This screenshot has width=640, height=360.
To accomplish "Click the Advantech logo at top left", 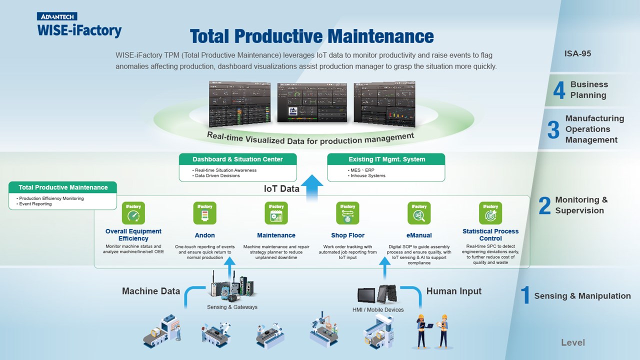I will (55, 16).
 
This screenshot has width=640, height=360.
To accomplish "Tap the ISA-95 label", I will (577, 53).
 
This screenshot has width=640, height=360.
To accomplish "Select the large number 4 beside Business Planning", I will (559, 90).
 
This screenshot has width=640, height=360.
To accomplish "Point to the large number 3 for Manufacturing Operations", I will (553, 129).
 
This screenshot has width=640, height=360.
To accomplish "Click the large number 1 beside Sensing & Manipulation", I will (525, 295).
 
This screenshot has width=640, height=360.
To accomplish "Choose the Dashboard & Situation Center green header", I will (237, 159).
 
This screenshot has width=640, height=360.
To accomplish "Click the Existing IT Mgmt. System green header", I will (386, 159).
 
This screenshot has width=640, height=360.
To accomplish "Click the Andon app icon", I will (204, 213).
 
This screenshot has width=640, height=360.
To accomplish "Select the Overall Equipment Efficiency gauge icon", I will (133, 213).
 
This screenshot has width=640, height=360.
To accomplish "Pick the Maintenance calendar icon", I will (276, 213).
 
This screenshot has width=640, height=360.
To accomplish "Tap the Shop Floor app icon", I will (347, 213).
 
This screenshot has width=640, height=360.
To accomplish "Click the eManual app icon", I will (419, 213).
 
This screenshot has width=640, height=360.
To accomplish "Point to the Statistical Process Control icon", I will (490, 213).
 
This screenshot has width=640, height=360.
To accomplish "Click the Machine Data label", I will (151, 291).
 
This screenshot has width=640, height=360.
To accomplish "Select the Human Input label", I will (454, 291).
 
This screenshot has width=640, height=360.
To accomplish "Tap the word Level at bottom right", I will (573, 342).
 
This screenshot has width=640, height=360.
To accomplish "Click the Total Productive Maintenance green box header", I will (63, 187).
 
